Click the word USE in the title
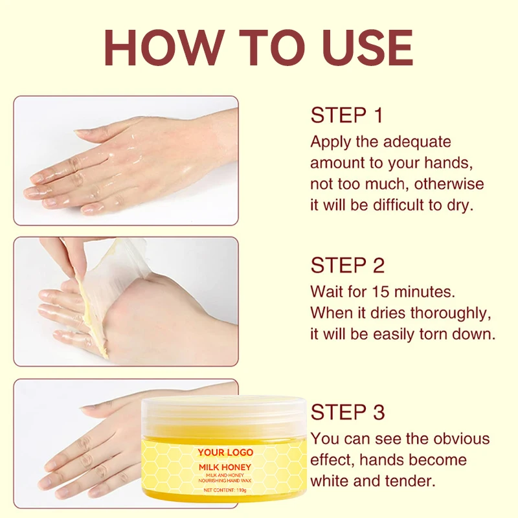[368, 48]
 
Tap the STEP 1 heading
[346, 115]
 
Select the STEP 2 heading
[348, 265]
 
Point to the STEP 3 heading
[348, 412]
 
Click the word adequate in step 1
[417, 142]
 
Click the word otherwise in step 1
[449, 184]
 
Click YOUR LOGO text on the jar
[225, 452]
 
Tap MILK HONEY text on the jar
[225, 467]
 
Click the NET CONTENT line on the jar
[225, 490]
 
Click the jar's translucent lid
[224, 418]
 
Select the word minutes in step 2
[425, 292]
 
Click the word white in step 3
[330, 481]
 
